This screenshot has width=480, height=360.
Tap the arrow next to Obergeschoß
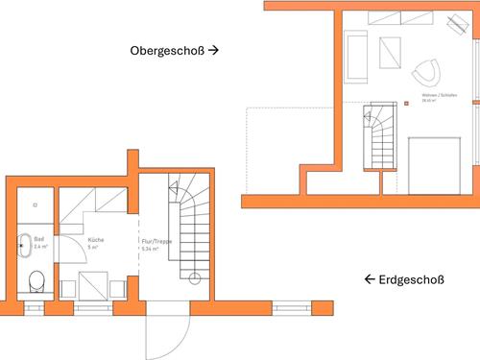click(x=214, y=49)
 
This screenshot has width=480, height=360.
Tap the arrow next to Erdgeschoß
click(x=369, y=280)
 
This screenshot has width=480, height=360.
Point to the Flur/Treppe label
click(x=156, y=242)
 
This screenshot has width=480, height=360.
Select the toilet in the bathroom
click(x=36, y=281)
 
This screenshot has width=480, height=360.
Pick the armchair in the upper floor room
click(x=425, y=70)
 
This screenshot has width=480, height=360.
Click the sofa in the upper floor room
click(x=356, y=56)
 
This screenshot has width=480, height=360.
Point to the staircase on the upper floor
click(x=379, y=139)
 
